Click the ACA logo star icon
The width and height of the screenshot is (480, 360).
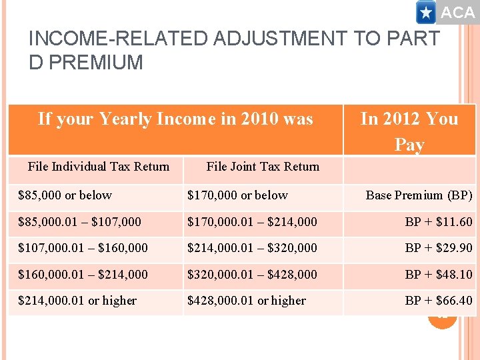tap(426, 12)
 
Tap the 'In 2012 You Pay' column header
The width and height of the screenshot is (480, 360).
tap(409, 131)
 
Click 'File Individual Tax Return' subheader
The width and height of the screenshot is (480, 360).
tap(99, 167)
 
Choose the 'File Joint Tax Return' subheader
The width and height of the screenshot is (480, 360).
tap(263, 167)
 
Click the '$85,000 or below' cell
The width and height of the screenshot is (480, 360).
tap(65, 195)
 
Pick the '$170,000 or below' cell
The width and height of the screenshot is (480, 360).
tap(237, 195)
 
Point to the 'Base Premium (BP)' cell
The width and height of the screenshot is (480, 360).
tap(419, 195)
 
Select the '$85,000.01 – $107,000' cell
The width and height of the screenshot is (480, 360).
tap(79, 221)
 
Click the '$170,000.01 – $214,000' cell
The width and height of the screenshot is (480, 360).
tap(252, 221)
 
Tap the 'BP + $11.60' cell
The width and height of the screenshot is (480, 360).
tap(439, 221)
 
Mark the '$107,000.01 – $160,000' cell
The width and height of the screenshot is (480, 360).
tap(83, 248)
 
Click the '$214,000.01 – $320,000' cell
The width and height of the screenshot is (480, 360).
tap(252, 248)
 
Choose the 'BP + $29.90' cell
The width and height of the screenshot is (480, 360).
tap(439, 248)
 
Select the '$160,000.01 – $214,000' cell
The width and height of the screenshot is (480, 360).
tap(83, 274)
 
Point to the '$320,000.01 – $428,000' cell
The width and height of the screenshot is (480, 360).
tap(252, 274)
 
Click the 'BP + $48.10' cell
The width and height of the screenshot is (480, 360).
tap(439, 274)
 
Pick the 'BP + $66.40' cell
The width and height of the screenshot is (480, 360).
tap(439, 301)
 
